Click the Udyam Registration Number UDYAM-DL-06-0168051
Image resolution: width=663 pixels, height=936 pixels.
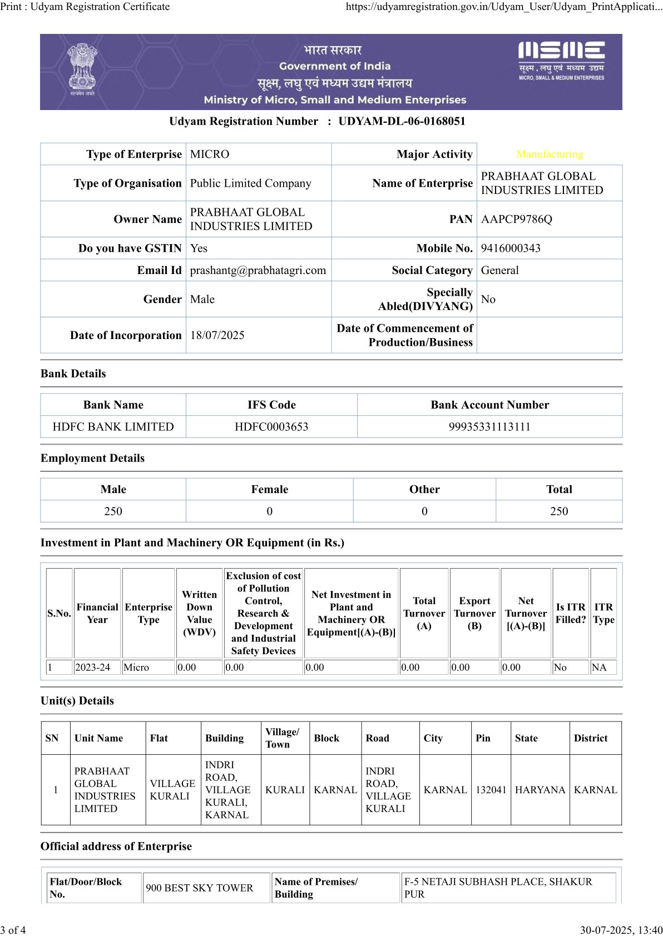pos(402,121)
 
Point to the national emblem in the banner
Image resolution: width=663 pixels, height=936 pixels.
pos(82,69)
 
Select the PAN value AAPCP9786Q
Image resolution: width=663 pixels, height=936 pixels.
pos(516,219)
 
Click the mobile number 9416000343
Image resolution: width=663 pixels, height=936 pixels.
pos(511,248)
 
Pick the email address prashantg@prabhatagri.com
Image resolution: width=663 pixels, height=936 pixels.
pos(258,270)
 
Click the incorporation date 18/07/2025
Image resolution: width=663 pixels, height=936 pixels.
pos(217,335)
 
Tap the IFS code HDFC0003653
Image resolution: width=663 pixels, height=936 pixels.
pos(271,427)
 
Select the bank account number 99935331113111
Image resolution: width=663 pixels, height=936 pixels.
pos(489,427)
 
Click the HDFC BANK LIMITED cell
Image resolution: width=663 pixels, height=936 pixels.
pos(113,427)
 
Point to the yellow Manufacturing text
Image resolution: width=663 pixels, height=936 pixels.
pos(550,154)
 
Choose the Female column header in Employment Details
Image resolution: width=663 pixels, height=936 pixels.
pos(269,489)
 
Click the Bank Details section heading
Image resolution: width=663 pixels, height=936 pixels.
pos(73,374)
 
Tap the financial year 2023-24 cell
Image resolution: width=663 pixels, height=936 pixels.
pos(93,668)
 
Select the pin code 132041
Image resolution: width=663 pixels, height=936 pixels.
pos(491,790)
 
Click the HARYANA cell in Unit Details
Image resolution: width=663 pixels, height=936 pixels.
pos(540,790)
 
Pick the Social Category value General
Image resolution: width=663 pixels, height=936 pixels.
pos(499,270)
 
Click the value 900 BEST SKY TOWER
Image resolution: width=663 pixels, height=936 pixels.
pos(199,888)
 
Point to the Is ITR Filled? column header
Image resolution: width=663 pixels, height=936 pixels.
pos(571,613)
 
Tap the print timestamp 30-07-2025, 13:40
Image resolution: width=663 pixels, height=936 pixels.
pos(621,930)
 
